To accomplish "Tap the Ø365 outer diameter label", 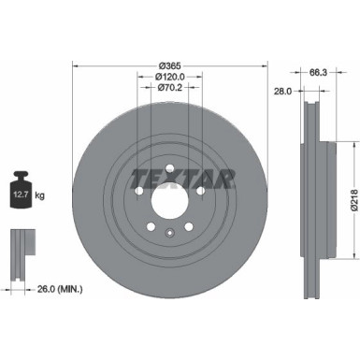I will (x=168, y=66).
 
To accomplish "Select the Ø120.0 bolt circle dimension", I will (x=168, y=77).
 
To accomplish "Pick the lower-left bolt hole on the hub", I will (x=149, y=227).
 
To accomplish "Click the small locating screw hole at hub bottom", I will (x=168, y=234).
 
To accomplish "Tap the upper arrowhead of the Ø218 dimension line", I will (x=353, y=143).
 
